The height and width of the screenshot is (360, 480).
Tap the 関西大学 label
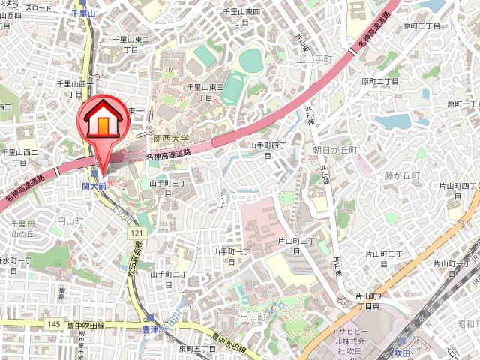(x=171, y=139)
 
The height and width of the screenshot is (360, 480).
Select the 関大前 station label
(x=94, y=184)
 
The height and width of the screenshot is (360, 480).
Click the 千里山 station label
(x=82, y=13)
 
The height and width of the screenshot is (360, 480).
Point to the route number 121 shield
(x=136, y=234)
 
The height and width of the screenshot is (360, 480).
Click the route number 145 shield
(x=52, y=323)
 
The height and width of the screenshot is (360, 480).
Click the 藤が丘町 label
(x=403, y=175)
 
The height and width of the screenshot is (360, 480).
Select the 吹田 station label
(x=403, y=352)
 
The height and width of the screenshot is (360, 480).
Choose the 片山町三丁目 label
(x=384, y=254)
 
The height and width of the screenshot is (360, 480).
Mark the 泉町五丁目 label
(x=197, y=349)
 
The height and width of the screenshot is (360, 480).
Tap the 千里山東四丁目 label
(x=241, y=16)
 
